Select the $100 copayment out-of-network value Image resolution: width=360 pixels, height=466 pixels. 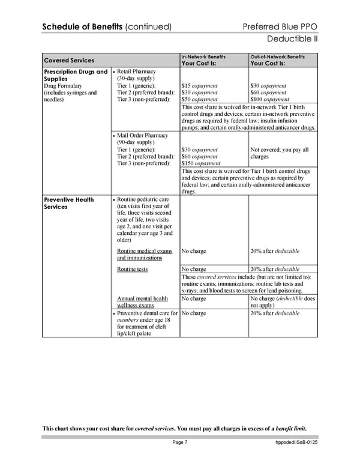272,99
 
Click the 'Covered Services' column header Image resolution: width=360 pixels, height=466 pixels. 69,60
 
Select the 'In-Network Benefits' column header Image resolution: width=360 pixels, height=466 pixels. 203,56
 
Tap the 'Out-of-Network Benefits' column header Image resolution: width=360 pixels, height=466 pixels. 277,56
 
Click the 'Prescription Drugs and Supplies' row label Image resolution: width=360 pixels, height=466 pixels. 75,76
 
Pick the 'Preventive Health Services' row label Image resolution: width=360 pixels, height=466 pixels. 69,204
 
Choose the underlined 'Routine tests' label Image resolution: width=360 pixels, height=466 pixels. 132,269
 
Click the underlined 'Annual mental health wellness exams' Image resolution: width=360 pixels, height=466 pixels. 142,301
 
